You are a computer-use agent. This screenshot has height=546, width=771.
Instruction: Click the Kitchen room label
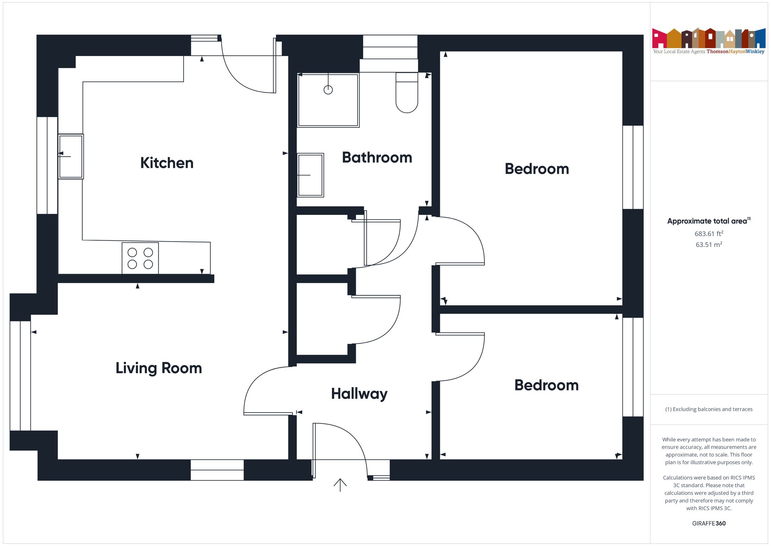click(167, 163)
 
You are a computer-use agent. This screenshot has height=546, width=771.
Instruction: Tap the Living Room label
click(159, 368)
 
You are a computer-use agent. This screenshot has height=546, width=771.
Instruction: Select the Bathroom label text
click(377, 157)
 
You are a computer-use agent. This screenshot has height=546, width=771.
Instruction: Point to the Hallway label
click(359, 394)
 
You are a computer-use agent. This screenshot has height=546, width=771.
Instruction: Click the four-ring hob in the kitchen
click(140, 258)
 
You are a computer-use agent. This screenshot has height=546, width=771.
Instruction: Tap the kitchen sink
click(71, 156)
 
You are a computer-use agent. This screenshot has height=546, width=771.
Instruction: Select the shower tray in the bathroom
click(328, 100)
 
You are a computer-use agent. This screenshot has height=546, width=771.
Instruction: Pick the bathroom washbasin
click(310, 175)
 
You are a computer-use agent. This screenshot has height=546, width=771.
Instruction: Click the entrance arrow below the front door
click(340, 485)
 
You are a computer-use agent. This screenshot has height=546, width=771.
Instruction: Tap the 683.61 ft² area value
click(709, 233)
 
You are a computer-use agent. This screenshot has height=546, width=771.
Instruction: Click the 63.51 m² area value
click(709, 245)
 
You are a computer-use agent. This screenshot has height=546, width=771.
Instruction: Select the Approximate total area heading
click(709, 221)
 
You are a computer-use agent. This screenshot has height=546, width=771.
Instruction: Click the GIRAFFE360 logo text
click(709, 524)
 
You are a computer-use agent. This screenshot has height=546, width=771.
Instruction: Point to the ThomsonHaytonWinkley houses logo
click(709, 41)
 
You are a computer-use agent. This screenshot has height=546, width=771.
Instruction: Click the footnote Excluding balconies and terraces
click(709, 409)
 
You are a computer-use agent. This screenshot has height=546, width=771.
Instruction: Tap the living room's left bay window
click(20, 376)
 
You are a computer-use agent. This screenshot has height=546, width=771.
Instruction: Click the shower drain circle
click(328, 90)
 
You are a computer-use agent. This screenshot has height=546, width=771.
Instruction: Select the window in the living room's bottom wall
click(217, 470)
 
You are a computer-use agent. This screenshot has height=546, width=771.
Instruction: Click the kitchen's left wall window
click(47, 165)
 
